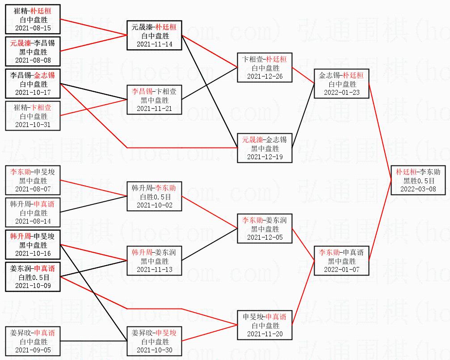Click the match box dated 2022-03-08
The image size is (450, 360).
pyautogui.click(x=418, y=180)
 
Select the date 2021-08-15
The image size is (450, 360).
pyautogui.click(x=33, y=28)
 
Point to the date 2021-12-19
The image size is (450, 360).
pyautogui.click(x=265, y=157)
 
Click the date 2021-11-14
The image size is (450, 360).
pyautogui.click(x=154, y=44)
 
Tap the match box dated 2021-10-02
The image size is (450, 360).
pyautogui.click(x=154, y=196)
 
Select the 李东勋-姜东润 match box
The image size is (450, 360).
pyautogui.click(x=265, y=229)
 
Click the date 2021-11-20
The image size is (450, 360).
pyautogui.click(x=265, y=334)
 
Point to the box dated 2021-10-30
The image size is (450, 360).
pyautogui.click(x=154, y=341)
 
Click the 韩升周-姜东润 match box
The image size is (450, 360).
pyautogui.click(x=154, y=261)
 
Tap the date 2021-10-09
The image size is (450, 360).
pyautogui.click(x=33, y=285)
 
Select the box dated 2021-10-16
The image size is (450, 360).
pyautogui.click(x=33, y=245)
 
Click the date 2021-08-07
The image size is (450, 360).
pyautogui.click(x=33, y=189)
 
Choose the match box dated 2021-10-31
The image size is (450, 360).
pyautogui.click(x=33, y=116)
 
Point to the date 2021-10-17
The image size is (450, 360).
pyautogui.click(x=33, y=93)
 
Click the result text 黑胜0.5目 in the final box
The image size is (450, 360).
pyautogui.click(x=418, y=180)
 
